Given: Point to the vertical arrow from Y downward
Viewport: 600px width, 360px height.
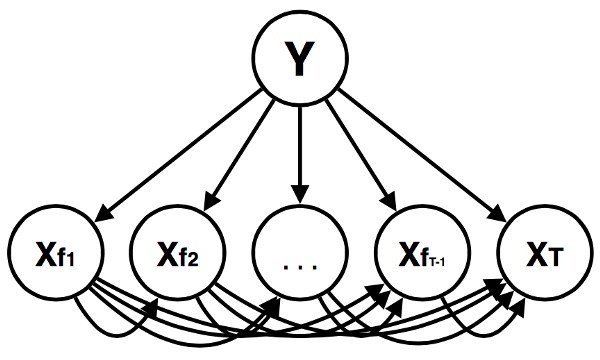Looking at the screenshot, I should pos(298,150).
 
